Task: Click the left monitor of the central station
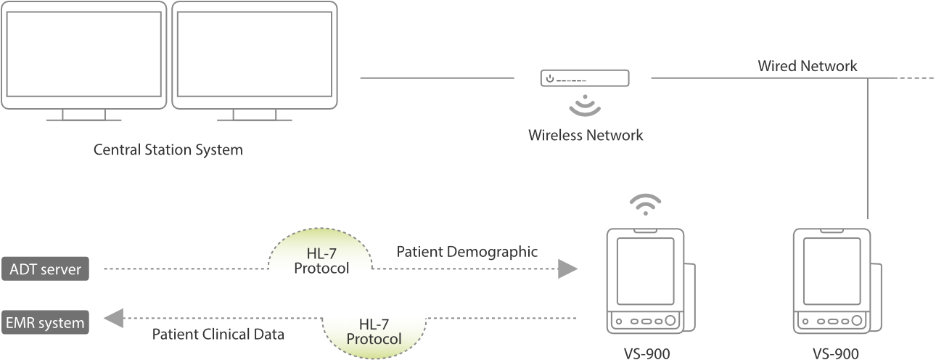click(84, 54)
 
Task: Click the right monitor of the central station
click(254, 54)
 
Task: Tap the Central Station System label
click(168, 151)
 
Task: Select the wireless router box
click(585, 78)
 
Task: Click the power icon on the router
click(550, 78)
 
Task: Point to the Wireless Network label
click(586, 135)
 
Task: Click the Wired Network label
click(808, 66)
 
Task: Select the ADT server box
click(45, 269)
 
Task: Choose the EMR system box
click(45, 320)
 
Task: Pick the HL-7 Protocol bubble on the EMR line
click(374, 332)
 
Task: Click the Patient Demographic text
click(467, 253)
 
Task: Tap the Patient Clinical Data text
click(218, 335)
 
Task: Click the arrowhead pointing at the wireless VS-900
click(567, 269)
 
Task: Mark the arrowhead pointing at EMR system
click(113, 317)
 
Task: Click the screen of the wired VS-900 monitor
click(831, 270)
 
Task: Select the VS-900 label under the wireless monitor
click(646, 353)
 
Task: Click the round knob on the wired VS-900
click(857, 320)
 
